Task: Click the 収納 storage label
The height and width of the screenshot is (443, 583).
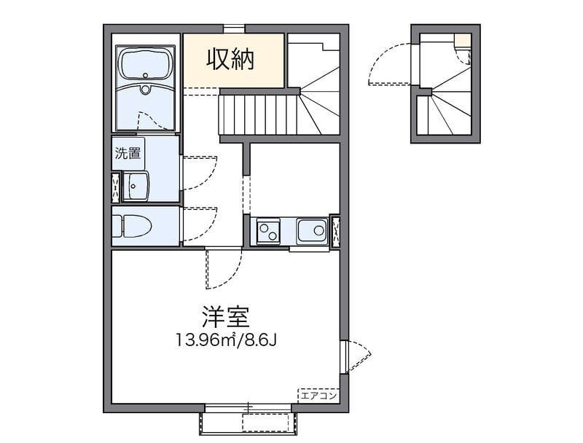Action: pos(232,60)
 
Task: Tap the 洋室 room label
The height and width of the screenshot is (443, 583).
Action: pos(226,318)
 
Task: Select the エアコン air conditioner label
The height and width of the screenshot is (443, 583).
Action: pos(318,396)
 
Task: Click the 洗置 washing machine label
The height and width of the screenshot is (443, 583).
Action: pos(127,154)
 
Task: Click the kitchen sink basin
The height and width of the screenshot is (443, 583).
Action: pos(312,232)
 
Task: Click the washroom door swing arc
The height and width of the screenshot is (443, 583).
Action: pos(198,172)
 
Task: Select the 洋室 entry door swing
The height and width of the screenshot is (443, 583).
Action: pos(222,268)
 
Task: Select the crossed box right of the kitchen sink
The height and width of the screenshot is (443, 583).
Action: pos(334,232)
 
